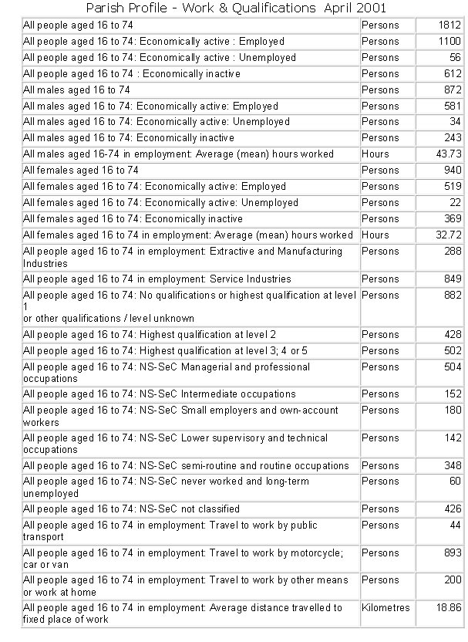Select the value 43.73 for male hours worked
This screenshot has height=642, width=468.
point(448,154)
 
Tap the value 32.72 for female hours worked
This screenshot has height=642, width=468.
point(448,235)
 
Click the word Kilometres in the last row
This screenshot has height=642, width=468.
point(386,608)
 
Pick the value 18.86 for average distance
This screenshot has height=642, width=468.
point(448,608)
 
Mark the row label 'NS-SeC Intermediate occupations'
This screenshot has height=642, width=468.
point(160,394)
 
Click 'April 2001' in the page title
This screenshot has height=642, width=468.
point(352,8)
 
